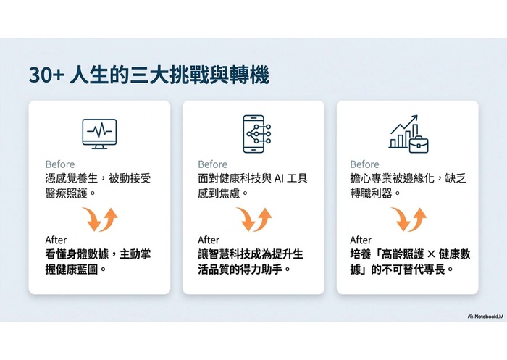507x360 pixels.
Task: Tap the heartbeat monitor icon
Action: (x=100, y=133)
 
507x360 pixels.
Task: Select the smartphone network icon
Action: (x=256, y=134)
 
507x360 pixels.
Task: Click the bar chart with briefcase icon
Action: (x=409, y=134)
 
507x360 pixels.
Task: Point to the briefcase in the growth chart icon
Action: (x=419, y=144)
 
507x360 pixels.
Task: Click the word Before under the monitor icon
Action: (x=60, y=164)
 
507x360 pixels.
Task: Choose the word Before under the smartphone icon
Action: (x=212, y=164)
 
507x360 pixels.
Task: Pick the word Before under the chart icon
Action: (x=364, y=164)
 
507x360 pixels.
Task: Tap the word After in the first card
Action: (x=56, y=240)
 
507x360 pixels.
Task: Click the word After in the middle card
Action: (x=209, y=240)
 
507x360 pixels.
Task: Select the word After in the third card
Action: (x=361, y=240)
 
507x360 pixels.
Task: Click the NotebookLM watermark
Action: (x=486, y=317)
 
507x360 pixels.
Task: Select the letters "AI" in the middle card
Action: (x=278, y=178)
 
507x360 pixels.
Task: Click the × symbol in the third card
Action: (x=431, y=254)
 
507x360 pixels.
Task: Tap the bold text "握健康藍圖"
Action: (x=72, y=269)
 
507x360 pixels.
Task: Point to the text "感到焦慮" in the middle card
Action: (x=219, y=193)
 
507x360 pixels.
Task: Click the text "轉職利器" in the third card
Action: (x=371, y=193)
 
